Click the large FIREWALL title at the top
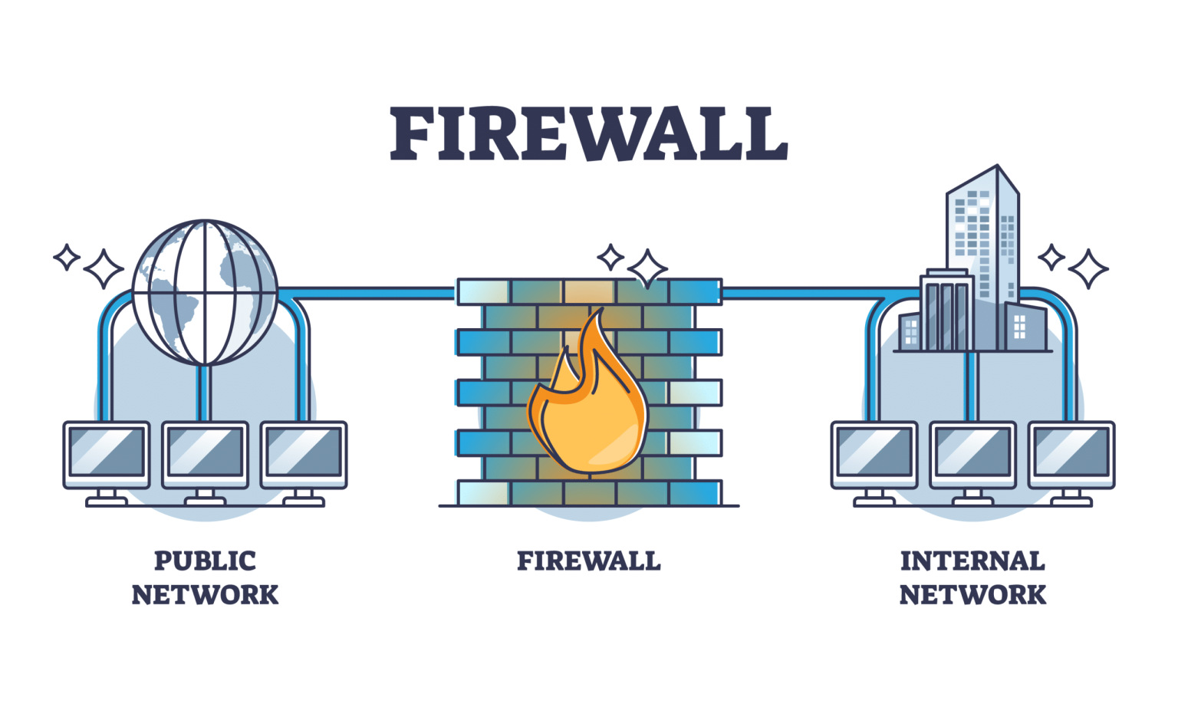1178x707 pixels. point(588,134)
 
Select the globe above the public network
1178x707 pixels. point(205,292)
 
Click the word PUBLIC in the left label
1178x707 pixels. point(205,561)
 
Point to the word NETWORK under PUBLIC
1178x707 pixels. point(205,595)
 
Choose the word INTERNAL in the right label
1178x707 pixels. point(972,561)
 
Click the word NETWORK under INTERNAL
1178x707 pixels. point(972,595)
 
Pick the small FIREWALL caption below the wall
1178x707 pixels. point(588,561)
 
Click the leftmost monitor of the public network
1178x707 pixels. point(107,454)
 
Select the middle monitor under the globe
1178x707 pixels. point(205,454)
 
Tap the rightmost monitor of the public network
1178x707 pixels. point(304,454)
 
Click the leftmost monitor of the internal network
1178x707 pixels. point(874,454)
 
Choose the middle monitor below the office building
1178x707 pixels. point(972,454)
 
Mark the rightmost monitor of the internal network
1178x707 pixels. point(1071,454)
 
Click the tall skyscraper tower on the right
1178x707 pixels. point(982,230)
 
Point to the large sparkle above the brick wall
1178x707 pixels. point(647,268)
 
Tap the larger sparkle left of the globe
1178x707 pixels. point(104,268)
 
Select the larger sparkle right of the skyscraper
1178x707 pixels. point(1088,268)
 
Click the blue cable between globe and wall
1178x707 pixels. point(368,293)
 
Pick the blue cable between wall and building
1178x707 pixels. point(805,293)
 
